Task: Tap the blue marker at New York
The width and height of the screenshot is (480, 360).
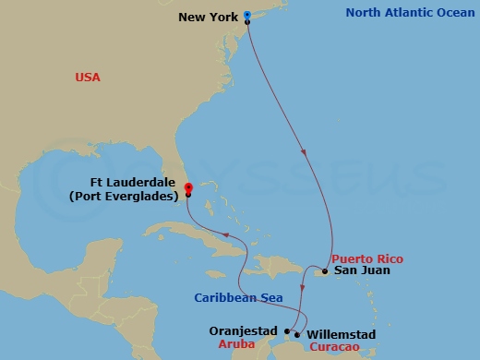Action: [247, 16]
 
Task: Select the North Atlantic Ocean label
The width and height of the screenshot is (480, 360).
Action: [408, 13]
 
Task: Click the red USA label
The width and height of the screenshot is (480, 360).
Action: [88, 78]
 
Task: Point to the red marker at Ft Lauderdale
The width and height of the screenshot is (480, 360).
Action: [188, 187]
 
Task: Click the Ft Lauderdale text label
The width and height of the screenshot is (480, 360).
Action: [143, 183]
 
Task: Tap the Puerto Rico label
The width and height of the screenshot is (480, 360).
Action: [366, 258]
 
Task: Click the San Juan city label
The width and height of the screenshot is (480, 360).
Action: [362, 270]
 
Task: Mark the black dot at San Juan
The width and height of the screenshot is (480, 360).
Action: [325, 271]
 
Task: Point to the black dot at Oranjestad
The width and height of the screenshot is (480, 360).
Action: [287, 330]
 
